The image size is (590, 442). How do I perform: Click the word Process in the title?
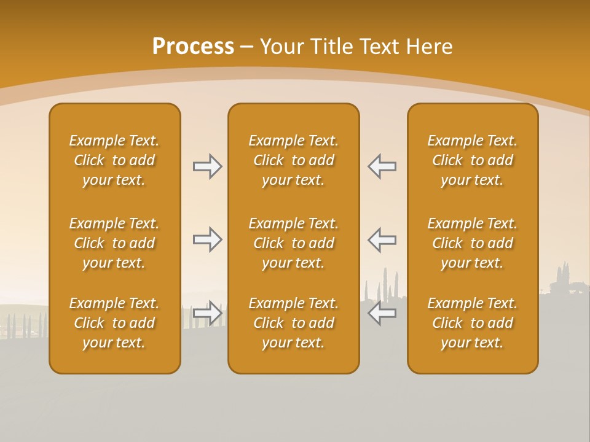(193, 47)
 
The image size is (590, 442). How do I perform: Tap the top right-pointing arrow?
(207, 166)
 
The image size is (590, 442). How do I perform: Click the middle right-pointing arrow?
(207, 239)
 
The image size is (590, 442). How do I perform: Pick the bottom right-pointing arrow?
(207, 313)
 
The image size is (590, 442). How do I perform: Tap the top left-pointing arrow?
(382, 166)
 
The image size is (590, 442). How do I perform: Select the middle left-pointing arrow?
(382, 239)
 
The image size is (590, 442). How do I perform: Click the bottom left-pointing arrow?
(382, 313)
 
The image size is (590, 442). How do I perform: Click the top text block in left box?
(114, 160)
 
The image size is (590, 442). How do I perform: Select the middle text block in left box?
(114, 243)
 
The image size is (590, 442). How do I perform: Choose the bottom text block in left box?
(114, 323)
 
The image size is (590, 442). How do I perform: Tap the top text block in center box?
(293, 160)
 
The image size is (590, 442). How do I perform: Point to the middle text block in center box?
(293, 243)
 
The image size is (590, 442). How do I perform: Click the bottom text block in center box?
(293, 323)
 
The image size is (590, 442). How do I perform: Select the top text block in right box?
(472, 160)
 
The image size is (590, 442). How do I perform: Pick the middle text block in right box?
(472, 243)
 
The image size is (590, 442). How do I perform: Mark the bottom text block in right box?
(472, 323)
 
